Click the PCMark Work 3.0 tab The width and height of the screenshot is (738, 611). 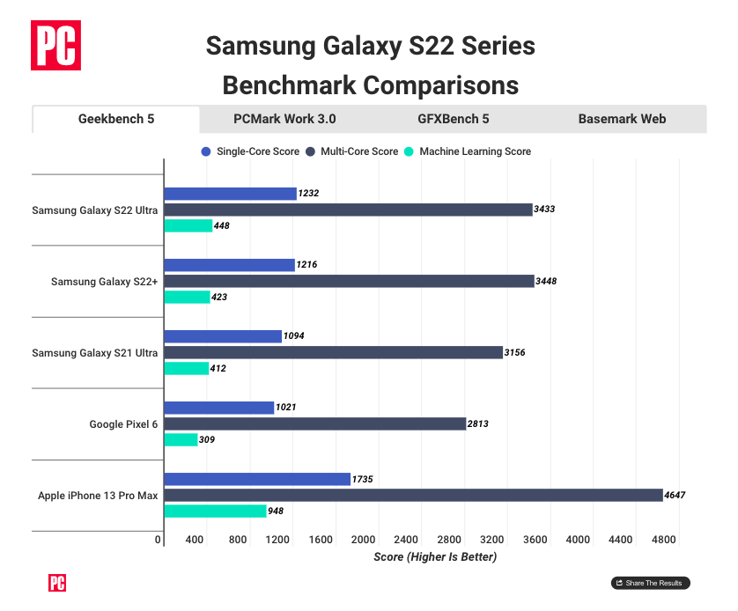[x=284, y=119]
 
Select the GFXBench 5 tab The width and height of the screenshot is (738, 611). [x=453, y=119]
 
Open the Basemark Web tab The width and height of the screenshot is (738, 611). [x=622, y=119]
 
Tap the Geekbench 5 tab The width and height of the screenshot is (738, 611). [x=116, y=119]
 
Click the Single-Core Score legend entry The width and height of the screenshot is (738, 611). [x=250, y=151]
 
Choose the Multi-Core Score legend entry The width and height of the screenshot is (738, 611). [x=352, y=151]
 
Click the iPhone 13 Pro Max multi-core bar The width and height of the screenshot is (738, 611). [x=413, y=495]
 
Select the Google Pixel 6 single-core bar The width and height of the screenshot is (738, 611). [x=219, y=408]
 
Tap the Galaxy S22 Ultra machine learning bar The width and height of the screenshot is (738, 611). [x=188, y=225]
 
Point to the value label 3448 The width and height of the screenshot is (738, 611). [x=546, y=281]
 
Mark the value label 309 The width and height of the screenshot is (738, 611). [x=207, y=439]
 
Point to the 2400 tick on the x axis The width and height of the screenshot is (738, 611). [x=405, y=540]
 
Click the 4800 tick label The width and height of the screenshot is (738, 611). [x=663, y=540]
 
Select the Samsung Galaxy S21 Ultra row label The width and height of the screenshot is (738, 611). [x=95, y=353]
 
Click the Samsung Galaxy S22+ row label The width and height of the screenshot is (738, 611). [x=105, y=282]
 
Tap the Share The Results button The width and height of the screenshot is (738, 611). [x=651, y=583]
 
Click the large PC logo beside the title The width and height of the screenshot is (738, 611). [x=56, y=45]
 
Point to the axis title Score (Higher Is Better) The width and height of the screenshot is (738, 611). [x=435, y=556]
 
